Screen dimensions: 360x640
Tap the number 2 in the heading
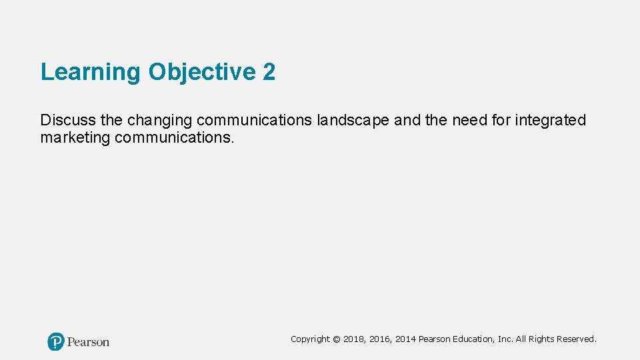tap(269, 72)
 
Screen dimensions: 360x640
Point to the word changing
tap(159, 121)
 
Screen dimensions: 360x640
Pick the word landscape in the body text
tap(353, 120)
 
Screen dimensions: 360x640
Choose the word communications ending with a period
tap(175, 138)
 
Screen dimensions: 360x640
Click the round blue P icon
tap(56, 342)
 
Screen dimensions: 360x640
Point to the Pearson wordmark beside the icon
tap(88, 342)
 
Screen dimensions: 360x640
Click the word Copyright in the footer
tap(310, 339)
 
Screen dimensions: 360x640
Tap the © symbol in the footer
tap(337, 339)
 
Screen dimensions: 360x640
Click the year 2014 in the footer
tap(405, 339)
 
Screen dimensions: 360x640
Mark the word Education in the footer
tap(474, 339)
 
